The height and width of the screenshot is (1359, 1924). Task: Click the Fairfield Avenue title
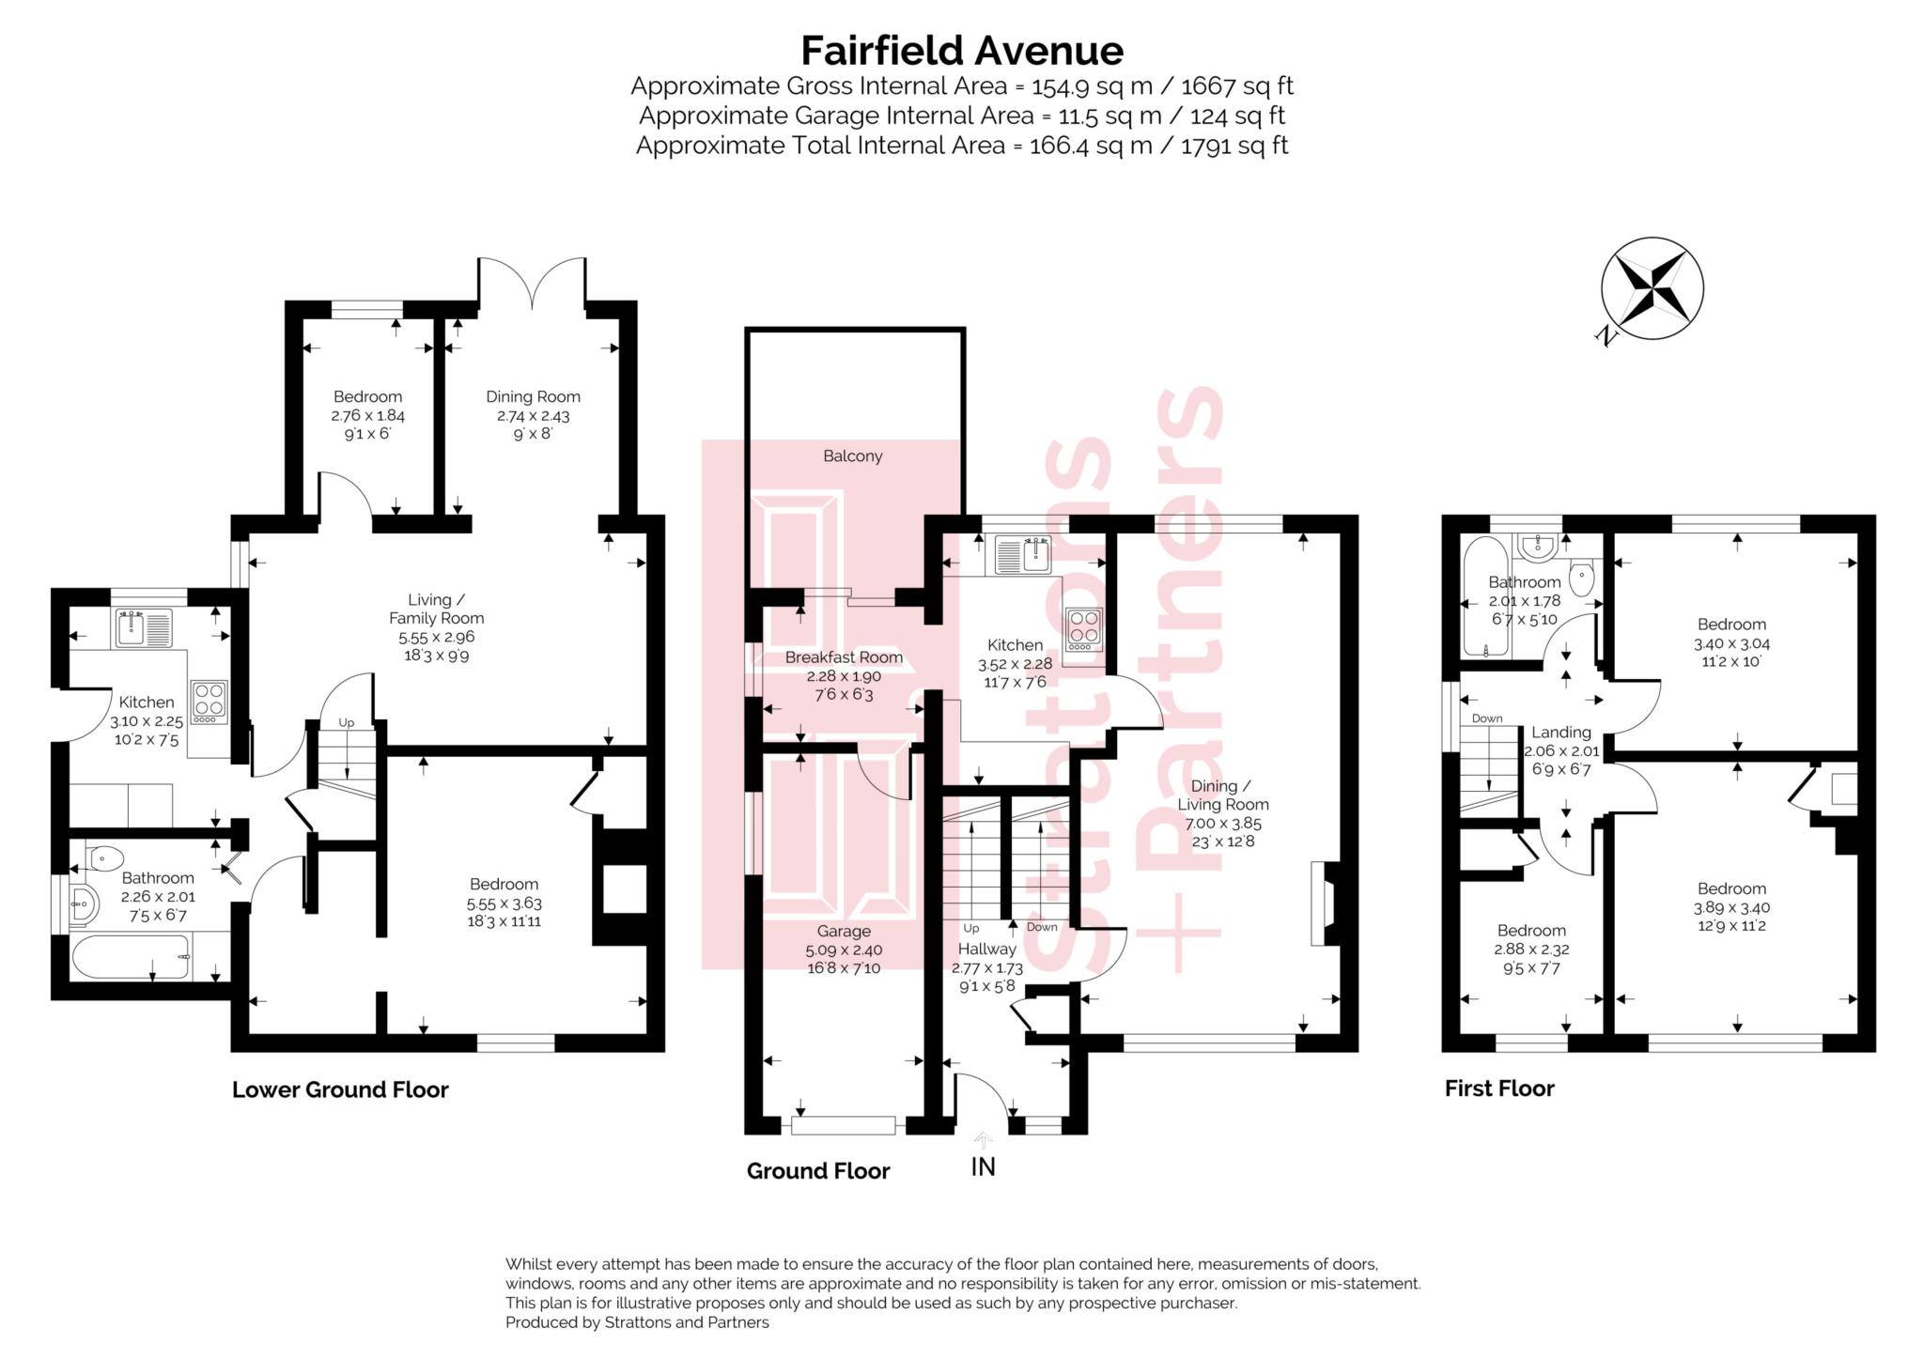(961, 51)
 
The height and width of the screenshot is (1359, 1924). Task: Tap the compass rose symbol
(1652, 288)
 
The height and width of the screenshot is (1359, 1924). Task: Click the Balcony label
(852, 456)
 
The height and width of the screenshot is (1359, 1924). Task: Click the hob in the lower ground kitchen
(209, 702)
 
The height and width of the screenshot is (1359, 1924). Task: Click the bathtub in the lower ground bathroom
(132, 957)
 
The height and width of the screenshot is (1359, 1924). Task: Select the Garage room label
(843, 932)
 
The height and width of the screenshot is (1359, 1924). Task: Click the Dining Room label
(533, 396)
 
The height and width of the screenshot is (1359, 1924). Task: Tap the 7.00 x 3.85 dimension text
(1222, 823)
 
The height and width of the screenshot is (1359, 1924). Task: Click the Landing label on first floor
(1560, 733)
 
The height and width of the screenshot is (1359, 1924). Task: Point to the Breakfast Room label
(844, 657)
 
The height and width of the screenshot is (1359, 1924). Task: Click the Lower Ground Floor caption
(340, 1089)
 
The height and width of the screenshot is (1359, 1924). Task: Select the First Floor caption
(1498, 1089)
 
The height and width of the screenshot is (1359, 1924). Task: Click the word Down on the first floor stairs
(1486, 718)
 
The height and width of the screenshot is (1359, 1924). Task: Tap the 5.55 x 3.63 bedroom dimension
(504, 903)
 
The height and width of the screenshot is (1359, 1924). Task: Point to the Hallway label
(986, 950)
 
